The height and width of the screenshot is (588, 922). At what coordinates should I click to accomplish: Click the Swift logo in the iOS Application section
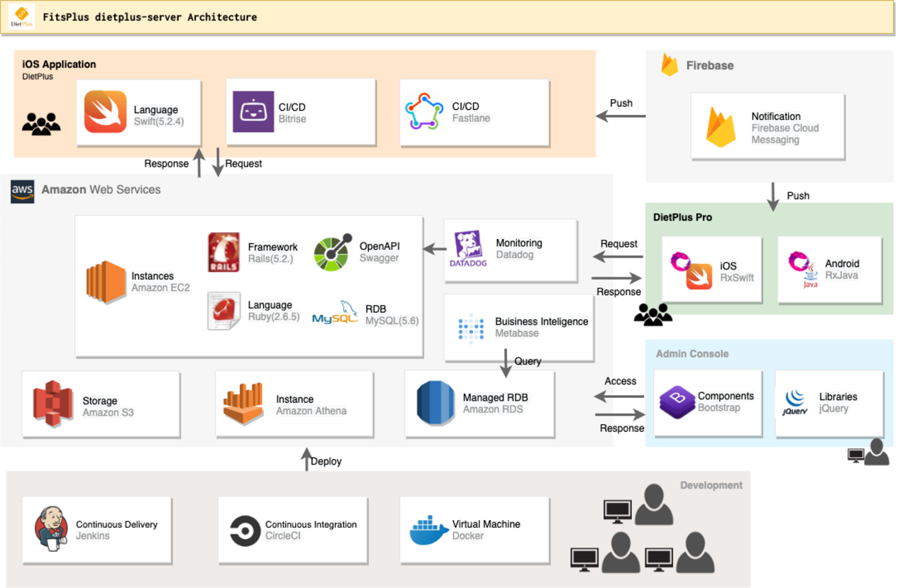click(x=105, y=112)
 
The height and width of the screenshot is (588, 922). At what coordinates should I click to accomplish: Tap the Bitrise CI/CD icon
click(x=253, y=112)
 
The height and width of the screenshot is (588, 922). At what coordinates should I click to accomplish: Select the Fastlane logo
click(x=424, y=112)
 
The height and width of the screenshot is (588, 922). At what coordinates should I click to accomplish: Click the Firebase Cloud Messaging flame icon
click(x=721, y=128)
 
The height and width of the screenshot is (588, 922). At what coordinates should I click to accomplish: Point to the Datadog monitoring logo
click(x=468, y=249)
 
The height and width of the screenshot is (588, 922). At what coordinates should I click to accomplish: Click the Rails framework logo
click(x=223, y=252)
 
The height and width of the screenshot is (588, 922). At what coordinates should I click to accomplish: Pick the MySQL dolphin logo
click(x=335, y=313)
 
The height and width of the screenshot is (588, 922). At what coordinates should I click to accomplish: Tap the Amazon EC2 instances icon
click(x=106, y=282)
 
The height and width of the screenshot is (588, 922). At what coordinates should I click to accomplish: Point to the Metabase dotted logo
click(x=471, y=327)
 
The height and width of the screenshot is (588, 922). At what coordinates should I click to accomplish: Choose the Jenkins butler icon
click(x=51, y=529)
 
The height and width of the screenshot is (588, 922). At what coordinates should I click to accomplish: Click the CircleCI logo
click(x=245, y=530)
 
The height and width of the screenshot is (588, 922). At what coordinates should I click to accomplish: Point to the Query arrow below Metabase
click(x=506, y=362)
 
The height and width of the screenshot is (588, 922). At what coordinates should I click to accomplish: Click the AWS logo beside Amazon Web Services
click(x=23, y=191)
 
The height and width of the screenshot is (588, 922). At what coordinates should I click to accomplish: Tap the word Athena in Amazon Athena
click(x=331, y=411)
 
